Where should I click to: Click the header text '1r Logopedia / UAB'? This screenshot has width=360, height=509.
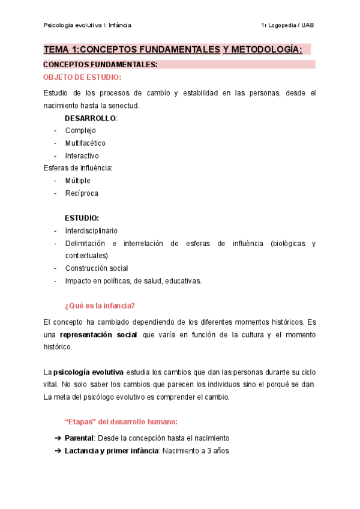[287, 25]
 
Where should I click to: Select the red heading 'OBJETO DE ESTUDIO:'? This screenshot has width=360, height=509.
[82, 77]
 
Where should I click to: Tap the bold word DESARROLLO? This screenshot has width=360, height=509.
[90, 118]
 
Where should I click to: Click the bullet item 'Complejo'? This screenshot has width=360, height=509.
[80, 130]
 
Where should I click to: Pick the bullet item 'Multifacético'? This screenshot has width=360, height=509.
[85, 143]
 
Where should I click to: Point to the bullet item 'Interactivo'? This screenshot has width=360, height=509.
[82, 156]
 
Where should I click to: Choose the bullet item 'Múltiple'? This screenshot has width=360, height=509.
[78, 181]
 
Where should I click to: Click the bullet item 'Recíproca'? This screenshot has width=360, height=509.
[82, 193]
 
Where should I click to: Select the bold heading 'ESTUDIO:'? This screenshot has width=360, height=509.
[82, 218]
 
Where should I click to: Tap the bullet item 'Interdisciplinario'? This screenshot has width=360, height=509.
[91, 230]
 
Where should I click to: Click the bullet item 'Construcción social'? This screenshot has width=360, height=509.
[97, 268]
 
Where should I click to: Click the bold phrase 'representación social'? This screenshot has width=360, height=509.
[99, 334]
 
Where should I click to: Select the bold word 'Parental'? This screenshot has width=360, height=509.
[79, 438]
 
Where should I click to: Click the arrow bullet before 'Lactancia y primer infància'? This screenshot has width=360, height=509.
[58, 451]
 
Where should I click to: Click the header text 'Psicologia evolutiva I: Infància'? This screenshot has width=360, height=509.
[88, 25]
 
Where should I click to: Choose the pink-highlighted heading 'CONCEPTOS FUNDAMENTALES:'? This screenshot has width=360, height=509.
[101, 65]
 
